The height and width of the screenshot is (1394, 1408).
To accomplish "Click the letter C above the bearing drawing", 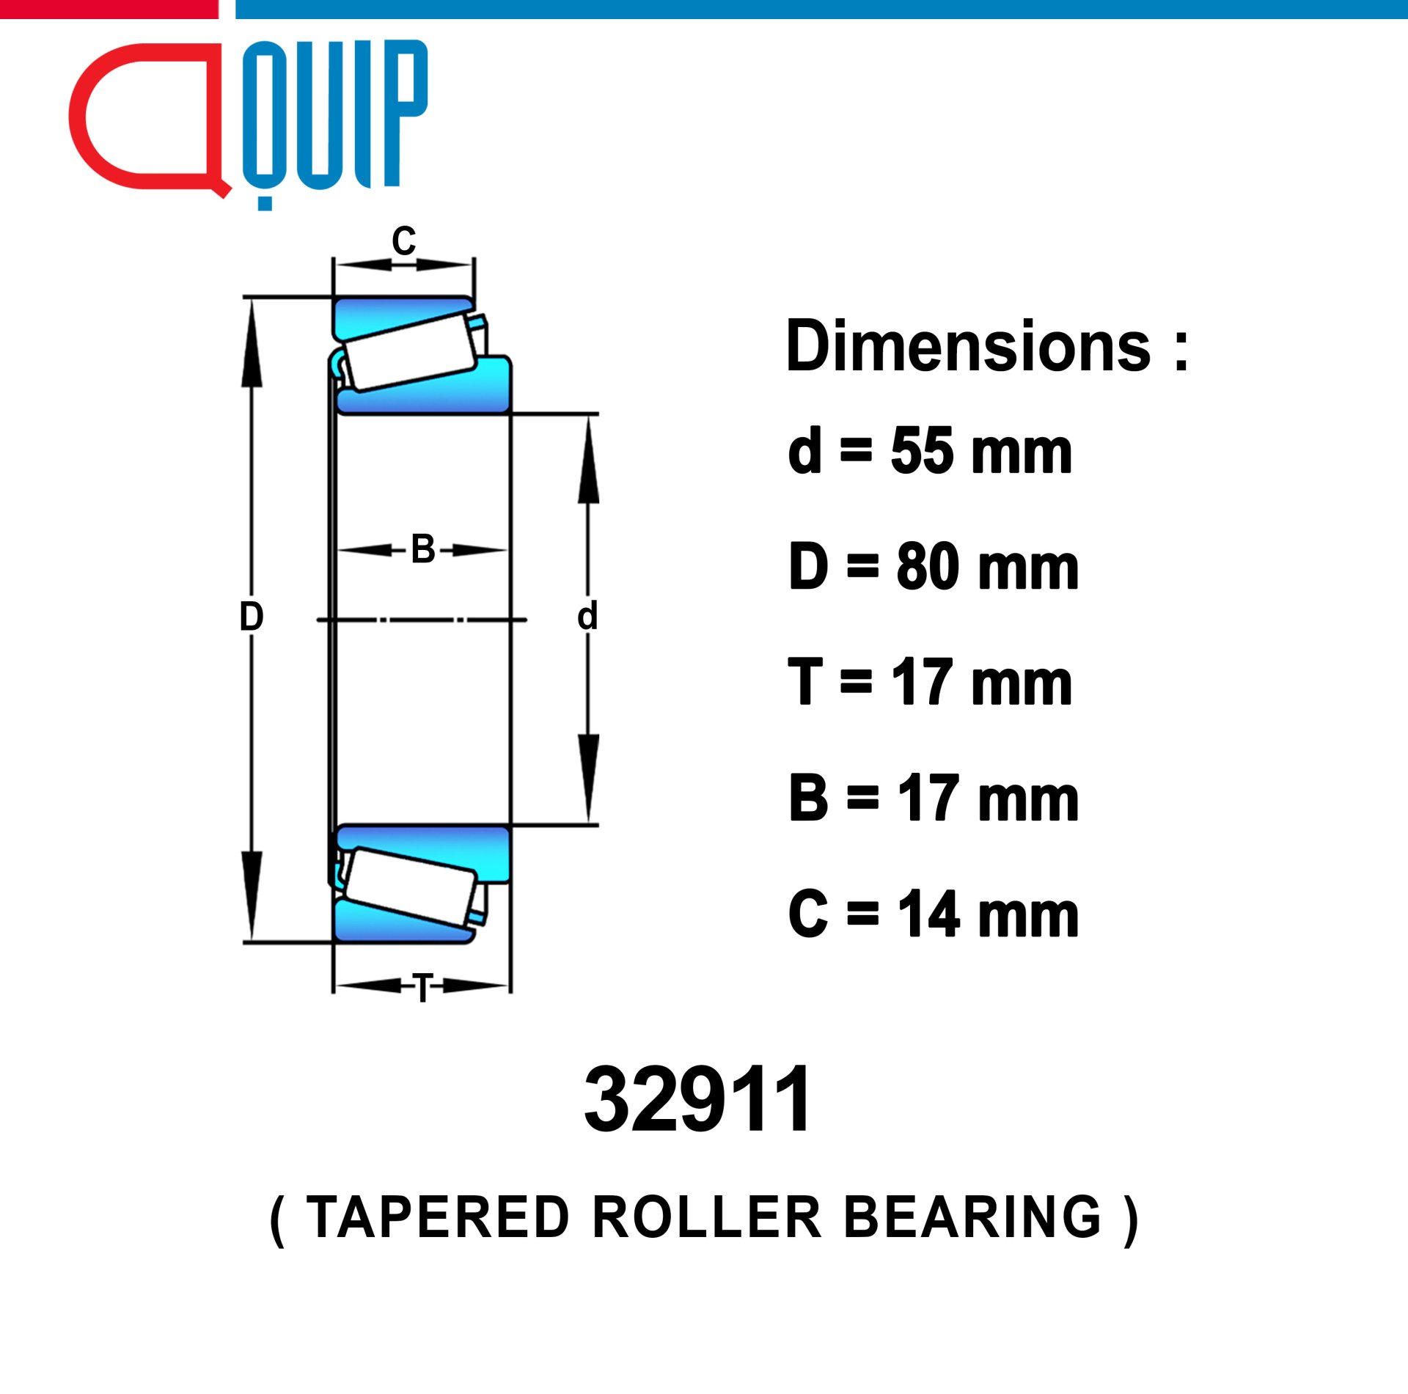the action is (x=403, y=241).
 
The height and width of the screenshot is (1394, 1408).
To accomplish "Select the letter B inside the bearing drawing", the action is (x=423, y=549).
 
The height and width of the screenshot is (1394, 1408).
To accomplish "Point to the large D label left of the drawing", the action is (x=252, y=617).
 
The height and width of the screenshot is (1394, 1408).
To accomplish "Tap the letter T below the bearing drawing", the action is (x=423, y=988).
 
